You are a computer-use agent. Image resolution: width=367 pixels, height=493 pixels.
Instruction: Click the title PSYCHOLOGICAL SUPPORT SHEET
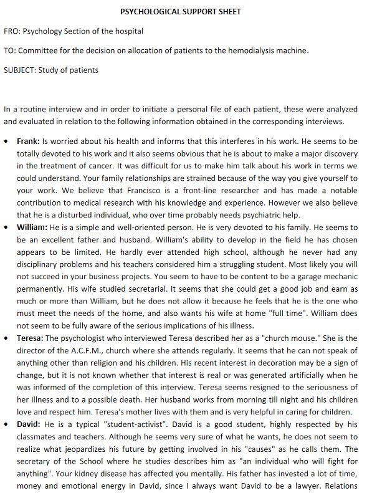point(181,11)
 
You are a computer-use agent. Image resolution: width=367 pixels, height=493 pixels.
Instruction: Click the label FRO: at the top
point(12,31)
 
